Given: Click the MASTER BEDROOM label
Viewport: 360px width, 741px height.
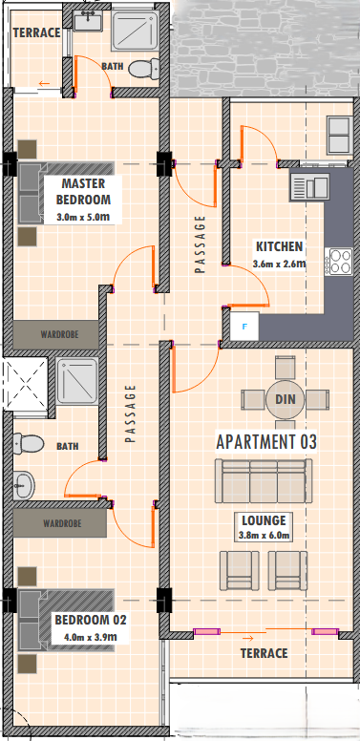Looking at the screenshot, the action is pos(83,191).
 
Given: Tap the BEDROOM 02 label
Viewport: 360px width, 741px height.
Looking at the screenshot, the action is pos(90,620).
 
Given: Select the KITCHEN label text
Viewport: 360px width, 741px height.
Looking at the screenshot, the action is pos(279,246).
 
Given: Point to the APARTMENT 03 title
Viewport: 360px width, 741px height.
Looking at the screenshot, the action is pos(266,441).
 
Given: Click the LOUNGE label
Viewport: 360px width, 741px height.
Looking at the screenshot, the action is pos(264,520).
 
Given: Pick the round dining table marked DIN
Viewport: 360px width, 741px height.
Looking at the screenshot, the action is pos(285,399).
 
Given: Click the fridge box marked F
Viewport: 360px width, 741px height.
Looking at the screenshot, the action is pos(244,326).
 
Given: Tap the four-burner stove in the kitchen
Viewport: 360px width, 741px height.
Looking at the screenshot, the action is pos(339,263).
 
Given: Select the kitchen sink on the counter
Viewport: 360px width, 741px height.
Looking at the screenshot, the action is pos(310,185).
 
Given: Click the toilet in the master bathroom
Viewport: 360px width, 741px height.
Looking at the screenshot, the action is pos(143,69).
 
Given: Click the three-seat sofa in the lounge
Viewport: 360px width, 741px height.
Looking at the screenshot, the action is pos(264,480).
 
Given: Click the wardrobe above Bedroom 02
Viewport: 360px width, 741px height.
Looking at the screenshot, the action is pos(60,523).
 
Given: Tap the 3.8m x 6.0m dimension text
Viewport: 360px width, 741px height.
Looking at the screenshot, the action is pos(264,536).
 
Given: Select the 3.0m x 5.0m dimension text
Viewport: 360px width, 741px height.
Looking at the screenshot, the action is pos(84,218).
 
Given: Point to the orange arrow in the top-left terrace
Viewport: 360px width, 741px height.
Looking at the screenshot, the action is pos(44,84).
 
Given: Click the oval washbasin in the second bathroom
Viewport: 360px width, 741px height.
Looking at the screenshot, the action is pos(24,485).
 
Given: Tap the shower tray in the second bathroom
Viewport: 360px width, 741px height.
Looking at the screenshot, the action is pos(77,380).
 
